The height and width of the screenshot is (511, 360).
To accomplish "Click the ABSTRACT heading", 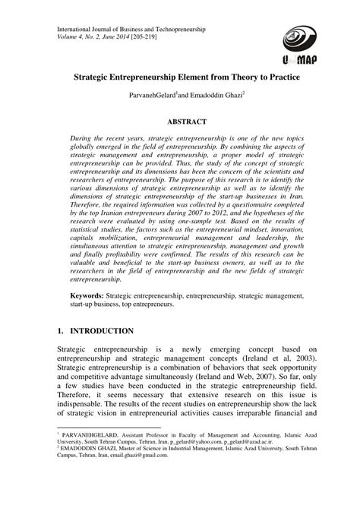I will [x=186, y=120].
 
